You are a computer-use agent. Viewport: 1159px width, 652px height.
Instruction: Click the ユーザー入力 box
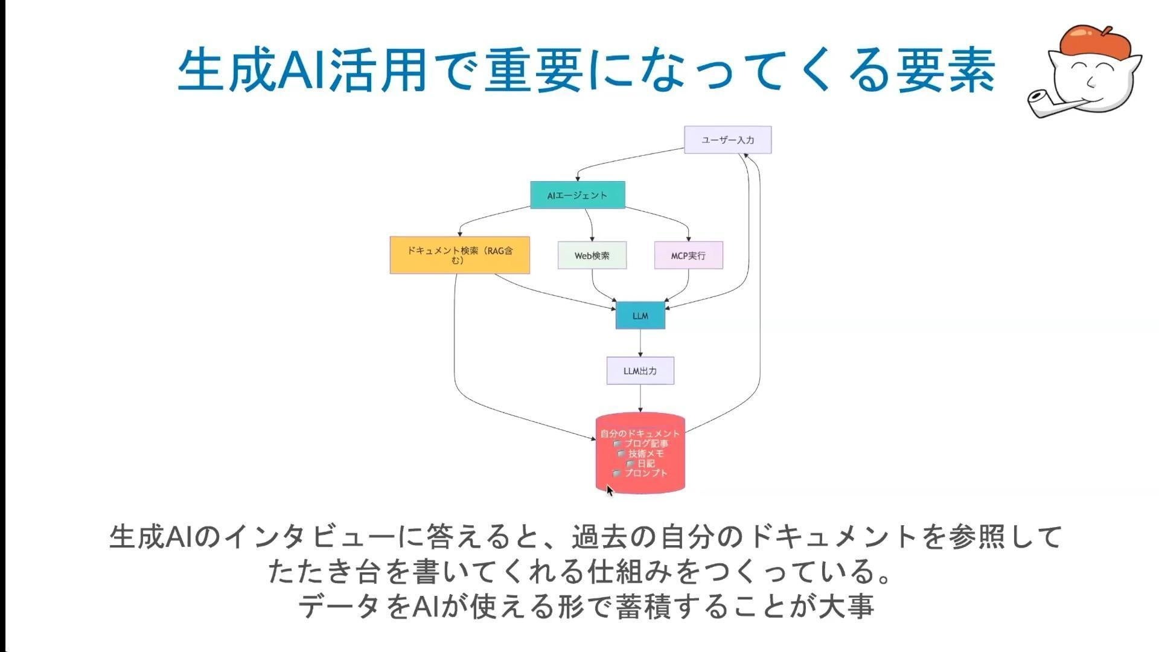click(727, 140)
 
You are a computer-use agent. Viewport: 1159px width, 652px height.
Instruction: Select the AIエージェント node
click(578, 195)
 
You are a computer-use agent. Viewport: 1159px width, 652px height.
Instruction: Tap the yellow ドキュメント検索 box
click(460, 255)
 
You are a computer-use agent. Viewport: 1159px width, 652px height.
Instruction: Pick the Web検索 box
click(592, 255)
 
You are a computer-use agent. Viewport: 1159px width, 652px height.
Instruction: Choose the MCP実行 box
click(689, 255)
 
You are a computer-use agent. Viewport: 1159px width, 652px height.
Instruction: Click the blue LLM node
click(640, 316)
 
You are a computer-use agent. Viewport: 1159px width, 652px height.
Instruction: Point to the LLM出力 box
click(640, 371)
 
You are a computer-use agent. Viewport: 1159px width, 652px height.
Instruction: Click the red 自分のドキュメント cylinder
click(640, 453)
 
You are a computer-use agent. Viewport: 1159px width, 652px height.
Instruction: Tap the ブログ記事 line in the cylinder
click(641, 443)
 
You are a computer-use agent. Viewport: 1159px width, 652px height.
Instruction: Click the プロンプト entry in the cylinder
click(641, 473)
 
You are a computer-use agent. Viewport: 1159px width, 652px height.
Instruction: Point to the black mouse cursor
click(610, 490)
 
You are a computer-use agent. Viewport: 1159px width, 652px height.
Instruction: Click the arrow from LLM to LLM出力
click(640, 343)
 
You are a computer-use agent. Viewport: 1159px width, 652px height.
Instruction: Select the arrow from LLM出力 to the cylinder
click(640, 398)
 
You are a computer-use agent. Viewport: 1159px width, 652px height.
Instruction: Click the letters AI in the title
click(304, 70)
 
